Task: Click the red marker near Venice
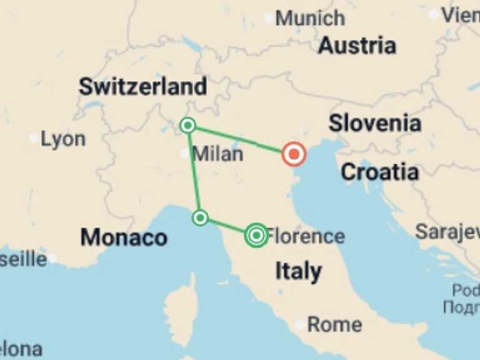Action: tap(293, 153)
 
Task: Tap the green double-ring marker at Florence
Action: tap(256, 235)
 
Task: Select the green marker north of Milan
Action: tap(187, 126)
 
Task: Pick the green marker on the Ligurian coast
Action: tap(200, 217)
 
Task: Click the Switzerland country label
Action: tap(142, 87)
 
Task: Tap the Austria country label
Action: tap(357, 46)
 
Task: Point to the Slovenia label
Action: tap(375, 123)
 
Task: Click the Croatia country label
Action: tap(379, 171)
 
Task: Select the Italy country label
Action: tap(299, 271)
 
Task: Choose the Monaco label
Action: tap(124, 237)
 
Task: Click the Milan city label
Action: tap(218, 153)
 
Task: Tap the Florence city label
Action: tap(306, 236)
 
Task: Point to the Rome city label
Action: tap(334, 324)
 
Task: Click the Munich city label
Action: tap(310, 18)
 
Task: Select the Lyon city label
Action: tap(63, 139)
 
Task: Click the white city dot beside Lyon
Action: tap(34, 138)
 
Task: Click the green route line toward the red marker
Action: tap(241, 139)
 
